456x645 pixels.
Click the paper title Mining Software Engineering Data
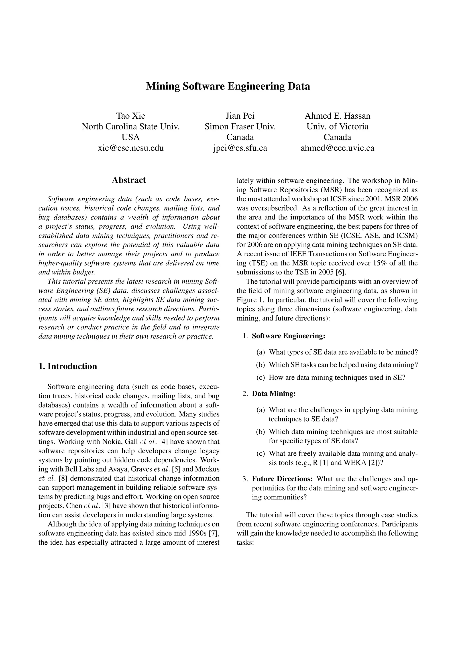(x=228, y=86)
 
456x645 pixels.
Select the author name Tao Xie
(x=131, y=116)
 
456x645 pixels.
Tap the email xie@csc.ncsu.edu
(x=131, y=148)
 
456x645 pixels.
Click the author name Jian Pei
(x=240, y=116)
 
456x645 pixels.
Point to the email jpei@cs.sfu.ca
(x=240, y=148)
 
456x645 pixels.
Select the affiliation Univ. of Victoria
(x=337, y=126)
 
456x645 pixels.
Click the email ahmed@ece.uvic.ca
(x=337, y=148)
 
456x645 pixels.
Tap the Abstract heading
(x=129, y=180)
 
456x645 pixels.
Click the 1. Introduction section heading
(x=68, y=366)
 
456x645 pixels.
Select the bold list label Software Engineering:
(x=288, y=336)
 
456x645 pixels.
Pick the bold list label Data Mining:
(x=274, y=393)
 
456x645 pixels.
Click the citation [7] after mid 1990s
(x=214, y=533)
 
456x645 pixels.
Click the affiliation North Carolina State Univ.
(x=131, y=126)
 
